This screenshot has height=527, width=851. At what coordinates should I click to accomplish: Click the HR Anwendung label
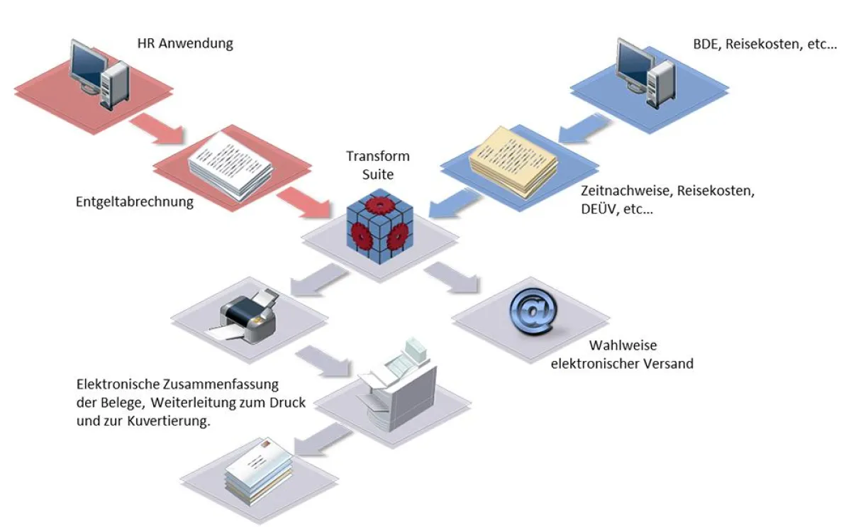click(x=184, y=44)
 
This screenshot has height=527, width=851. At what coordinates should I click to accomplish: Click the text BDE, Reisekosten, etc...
click(x=764, y=44)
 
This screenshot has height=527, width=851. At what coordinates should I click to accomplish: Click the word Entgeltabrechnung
click(x=135, y=202)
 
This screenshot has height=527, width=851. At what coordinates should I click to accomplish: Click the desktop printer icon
click(x=247, y=316)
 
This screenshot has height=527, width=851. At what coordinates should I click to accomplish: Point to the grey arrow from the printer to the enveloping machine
click(x=323, y=360)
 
